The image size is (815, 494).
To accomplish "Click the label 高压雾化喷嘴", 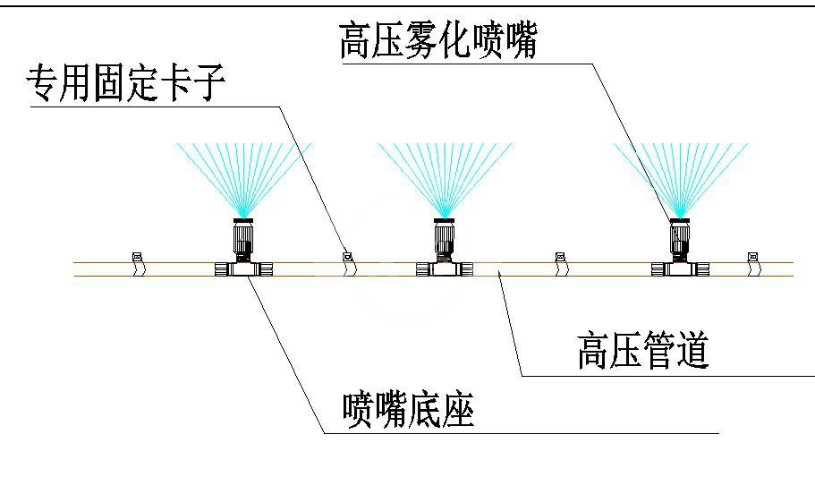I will [x=437, y=41].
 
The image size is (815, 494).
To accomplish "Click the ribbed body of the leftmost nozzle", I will [x=243, y=240].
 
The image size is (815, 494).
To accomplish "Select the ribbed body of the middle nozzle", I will [x=444, y=240].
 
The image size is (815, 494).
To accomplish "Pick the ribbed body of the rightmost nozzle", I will [x=680, y=240].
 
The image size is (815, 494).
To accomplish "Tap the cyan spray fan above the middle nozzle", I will [x=444, y=175].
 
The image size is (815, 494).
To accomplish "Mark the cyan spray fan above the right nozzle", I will [x=680, y=175].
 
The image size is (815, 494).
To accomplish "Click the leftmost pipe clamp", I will [x=138, y=260].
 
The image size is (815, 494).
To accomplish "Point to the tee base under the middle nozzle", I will [x=444, y=268].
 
